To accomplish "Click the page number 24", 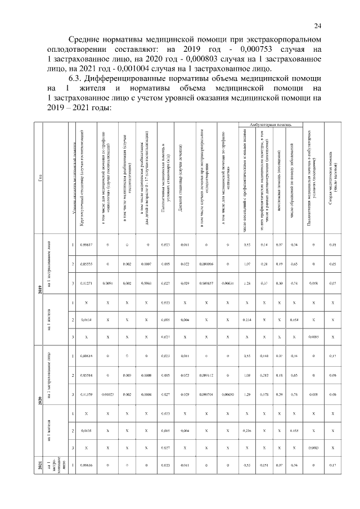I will [x=318, y=25].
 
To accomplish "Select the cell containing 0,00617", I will [x=86, y=245].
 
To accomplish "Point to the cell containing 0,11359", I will [x=86, y=394].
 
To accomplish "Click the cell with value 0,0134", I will [x=86, y=321].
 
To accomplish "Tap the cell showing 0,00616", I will [x=86, y=466].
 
